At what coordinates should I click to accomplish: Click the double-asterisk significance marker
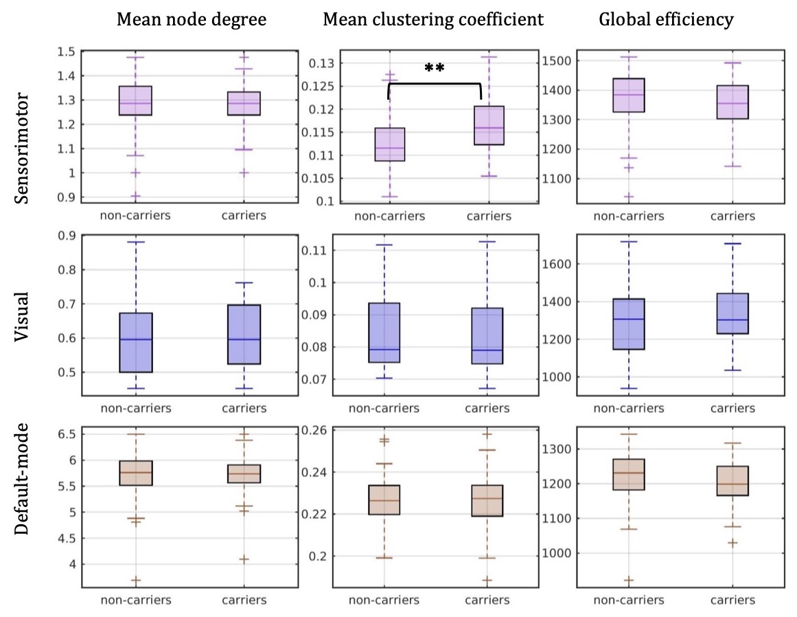(435, 68)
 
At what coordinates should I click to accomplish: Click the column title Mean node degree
(192, 19)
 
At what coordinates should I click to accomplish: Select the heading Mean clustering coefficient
(433, 19)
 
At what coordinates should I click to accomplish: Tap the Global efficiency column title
(666, 19)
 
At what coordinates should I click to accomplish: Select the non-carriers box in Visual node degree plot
(136, 342)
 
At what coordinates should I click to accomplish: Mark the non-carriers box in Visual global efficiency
(628, 324)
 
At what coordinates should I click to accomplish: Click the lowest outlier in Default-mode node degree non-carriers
(136, 581)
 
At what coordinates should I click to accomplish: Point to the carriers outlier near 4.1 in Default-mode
(244, 559)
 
